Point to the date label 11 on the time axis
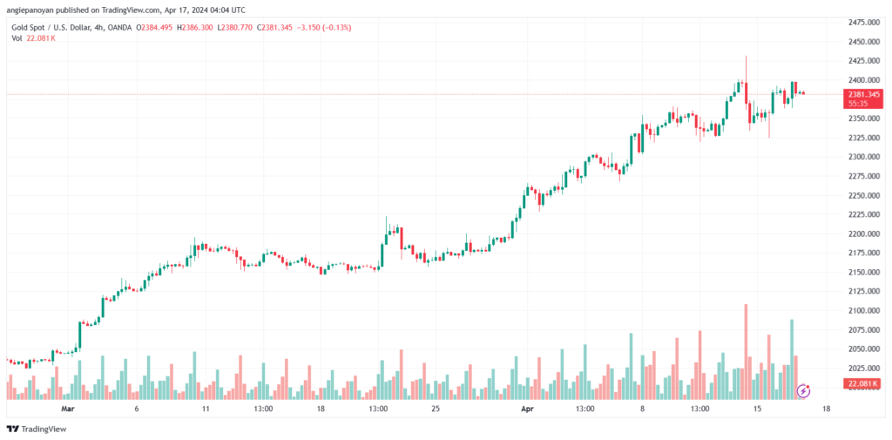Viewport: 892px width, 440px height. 206,408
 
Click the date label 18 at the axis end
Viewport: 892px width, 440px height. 825,408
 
